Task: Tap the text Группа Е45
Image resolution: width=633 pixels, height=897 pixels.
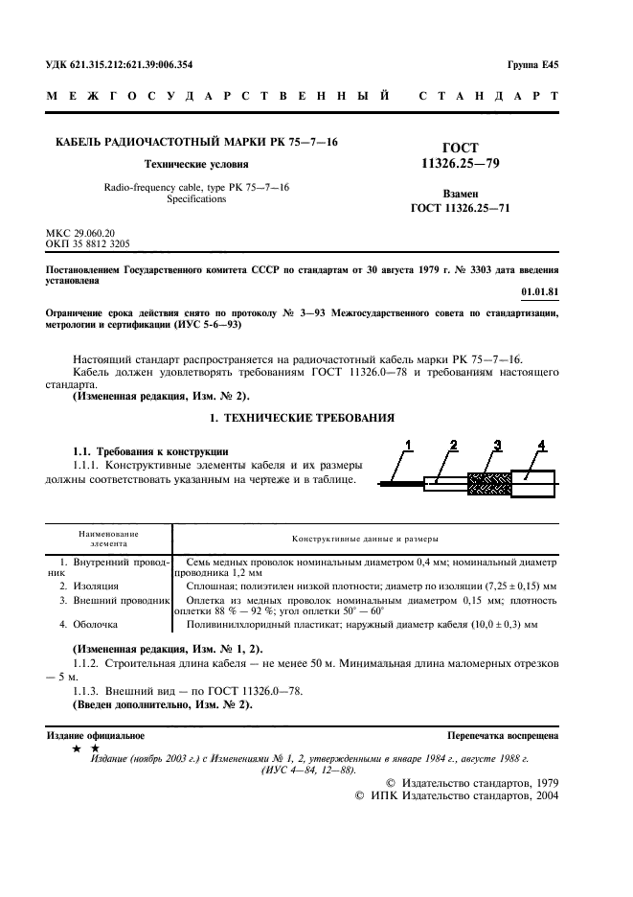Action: coord(533,65)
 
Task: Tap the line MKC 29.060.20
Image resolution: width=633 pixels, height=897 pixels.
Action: coord(80,233)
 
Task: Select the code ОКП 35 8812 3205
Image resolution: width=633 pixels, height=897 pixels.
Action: coord(88,244)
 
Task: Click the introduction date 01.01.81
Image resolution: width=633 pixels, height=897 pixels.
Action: coord(539,291)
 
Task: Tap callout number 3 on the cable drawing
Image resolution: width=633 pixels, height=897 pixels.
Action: coord(497,444)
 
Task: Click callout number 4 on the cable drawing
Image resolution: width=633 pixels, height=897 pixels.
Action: coord(542,444)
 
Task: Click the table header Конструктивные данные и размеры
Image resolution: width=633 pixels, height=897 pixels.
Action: coord(365,539)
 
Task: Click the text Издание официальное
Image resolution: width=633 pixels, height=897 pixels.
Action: coord(96,736)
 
